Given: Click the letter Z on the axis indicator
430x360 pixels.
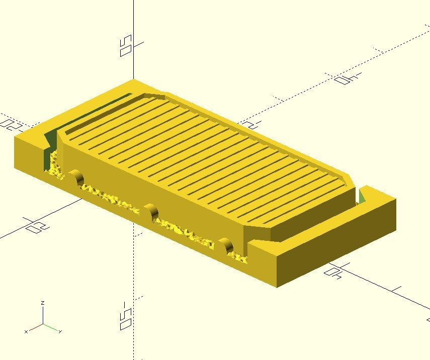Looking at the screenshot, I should (x=43, y=303).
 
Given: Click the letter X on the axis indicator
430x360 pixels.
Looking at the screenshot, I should (x=26, y=332).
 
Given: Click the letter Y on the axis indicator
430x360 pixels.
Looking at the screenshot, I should (x=60, y=332).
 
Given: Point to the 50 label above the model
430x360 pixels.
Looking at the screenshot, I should (x=126, y=46).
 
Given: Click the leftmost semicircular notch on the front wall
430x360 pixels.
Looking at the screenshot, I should (x=76, y=178).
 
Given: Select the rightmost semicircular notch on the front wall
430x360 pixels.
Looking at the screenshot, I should (x=226, y=246).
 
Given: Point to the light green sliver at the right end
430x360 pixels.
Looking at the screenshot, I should (x=361, y=197).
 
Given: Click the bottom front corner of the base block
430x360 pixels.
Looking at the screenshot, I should (x=276, y=287).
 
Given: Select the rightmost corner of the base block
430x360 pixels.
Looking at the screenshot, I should (x=395, y=200).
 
